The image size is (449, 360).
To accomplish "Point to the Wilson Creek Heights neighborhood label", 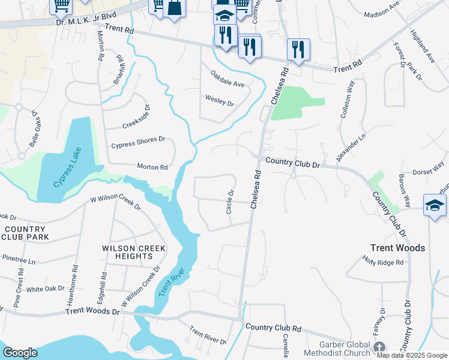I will (x=127, y=252).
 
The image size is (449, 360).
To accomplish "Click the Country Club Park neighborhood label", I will (x=24, y=233).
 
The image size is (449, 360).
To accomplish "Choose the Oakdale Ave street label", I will (x=227, y=79).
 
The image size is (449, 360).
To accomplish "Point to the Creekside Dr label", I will (x=136, y=117).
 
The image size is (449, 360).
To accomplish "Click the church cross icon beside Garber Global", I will (x=379, y=347).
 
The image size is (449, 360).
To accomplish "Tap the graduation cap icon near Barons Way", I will (x=434, y=206).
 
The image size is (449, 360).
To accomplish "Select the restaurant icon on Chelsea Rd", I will (x=298, y=49).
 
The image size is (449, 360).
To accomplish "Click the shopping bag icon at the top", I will (x=174, y=8).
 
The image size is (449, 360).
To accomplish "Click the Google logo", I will (x=20, y=353).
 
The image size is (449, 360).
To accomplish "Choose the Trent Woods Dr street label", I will (x=92, y=310).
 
